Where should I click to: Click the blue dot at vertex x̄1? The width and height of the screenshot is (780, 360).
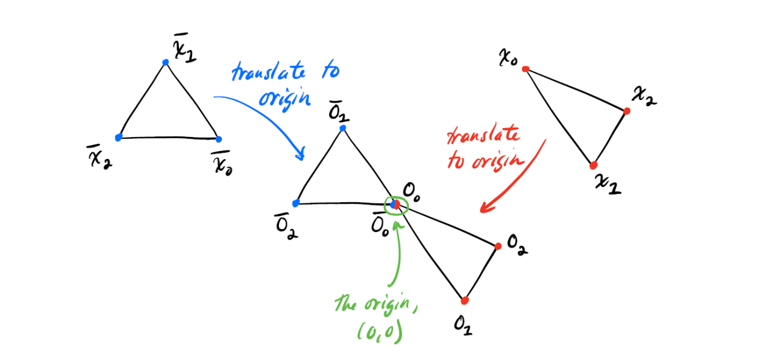pos(165,62)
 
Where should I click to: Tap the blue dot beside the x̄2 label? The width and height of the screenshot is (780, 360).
pos(119,137)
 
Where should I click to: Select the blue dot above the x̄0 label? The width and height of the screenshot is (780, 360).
pos(219,139)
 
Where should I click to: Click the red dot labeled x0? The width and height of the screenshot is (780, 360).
pos(525,69)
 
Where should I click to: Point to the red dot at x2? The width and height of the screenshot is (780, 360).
pos(627,111)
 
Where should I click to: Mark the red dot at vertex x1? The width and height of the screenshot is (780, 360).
pos(594,165)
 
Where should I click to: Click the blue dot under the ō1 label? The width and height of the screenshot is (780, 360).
pos(343,128)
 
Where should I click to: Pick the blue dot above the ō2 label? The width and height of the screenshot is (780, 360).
pos(296,203)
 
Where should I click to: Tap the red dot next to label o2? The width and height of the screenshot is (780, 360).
pos(498,246)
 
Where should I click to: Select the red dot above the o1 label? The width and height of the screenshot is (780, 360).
pos(465,300)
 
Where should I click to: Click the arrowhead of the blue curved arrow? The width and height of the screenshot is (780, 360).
pos(300,157)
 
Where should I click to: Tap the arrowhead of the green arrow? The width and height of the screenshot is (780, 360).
pos(399,225)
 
